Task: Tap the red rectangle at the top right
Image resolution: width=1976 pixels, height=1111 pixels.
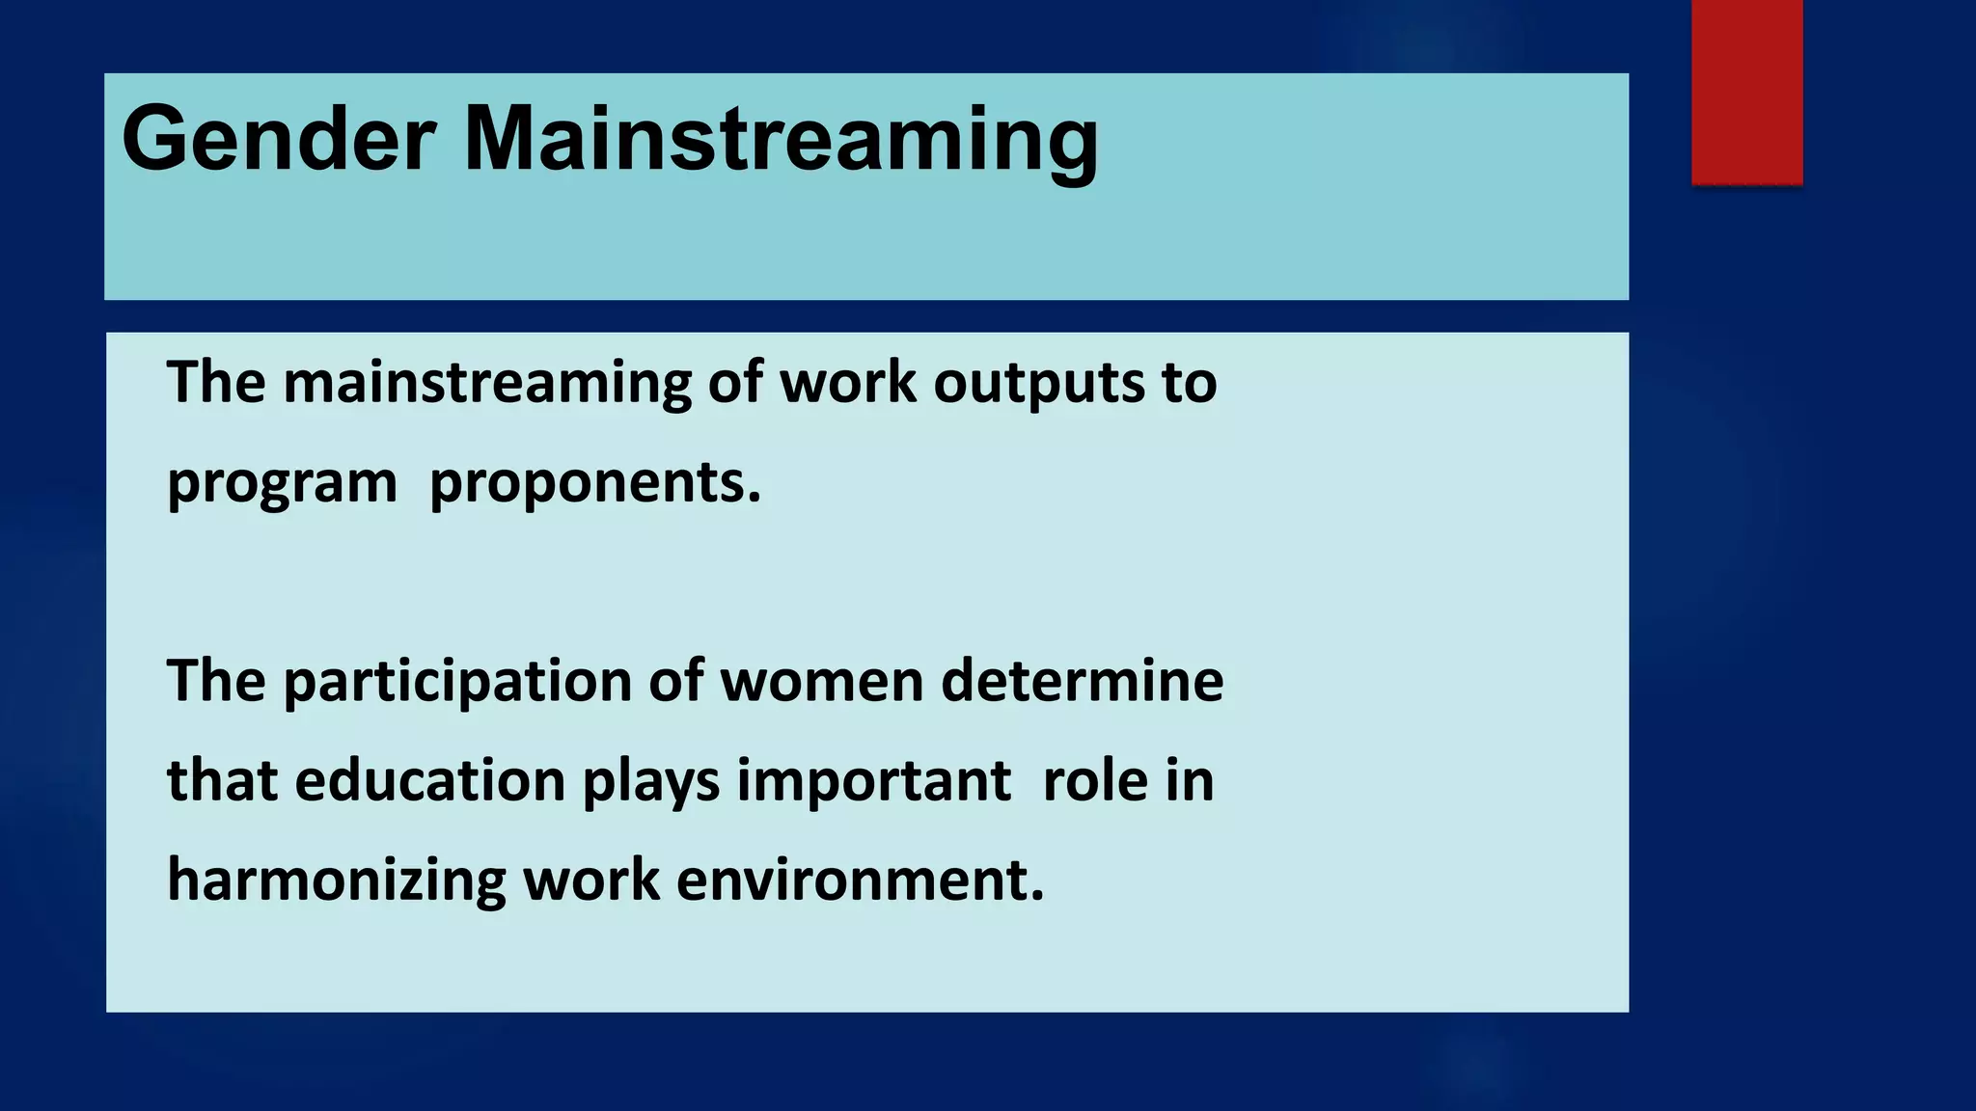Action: coord(1746,92)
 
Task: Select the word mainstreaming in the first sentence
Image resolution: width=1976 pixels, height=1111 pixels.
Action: coord(486,383)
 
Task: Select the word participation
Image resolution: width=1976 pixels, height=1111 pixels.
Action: coord(456,682)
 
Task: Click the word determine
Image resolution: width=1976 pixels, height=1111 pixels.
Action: coord(1082,682)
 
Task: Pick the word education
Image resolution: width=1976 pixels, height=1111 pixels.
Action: coord(429,781)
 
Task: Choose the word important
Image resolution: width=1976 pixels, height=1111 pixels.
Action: coord(874,781)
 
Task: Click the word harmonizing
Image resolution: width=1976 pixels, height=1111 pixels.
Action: coord(336,881)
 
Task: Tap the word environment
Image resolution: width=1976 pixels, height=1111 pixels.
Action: coord(860,881)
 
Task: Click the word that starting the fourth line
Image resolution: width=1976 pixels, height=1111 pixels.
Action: coord(222,781)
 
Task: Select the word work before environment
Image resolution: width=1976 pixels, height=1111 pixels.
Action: coord(590,881)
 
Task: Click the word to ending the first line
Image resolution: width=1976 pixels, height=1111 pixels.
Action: coord(1189,383)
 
